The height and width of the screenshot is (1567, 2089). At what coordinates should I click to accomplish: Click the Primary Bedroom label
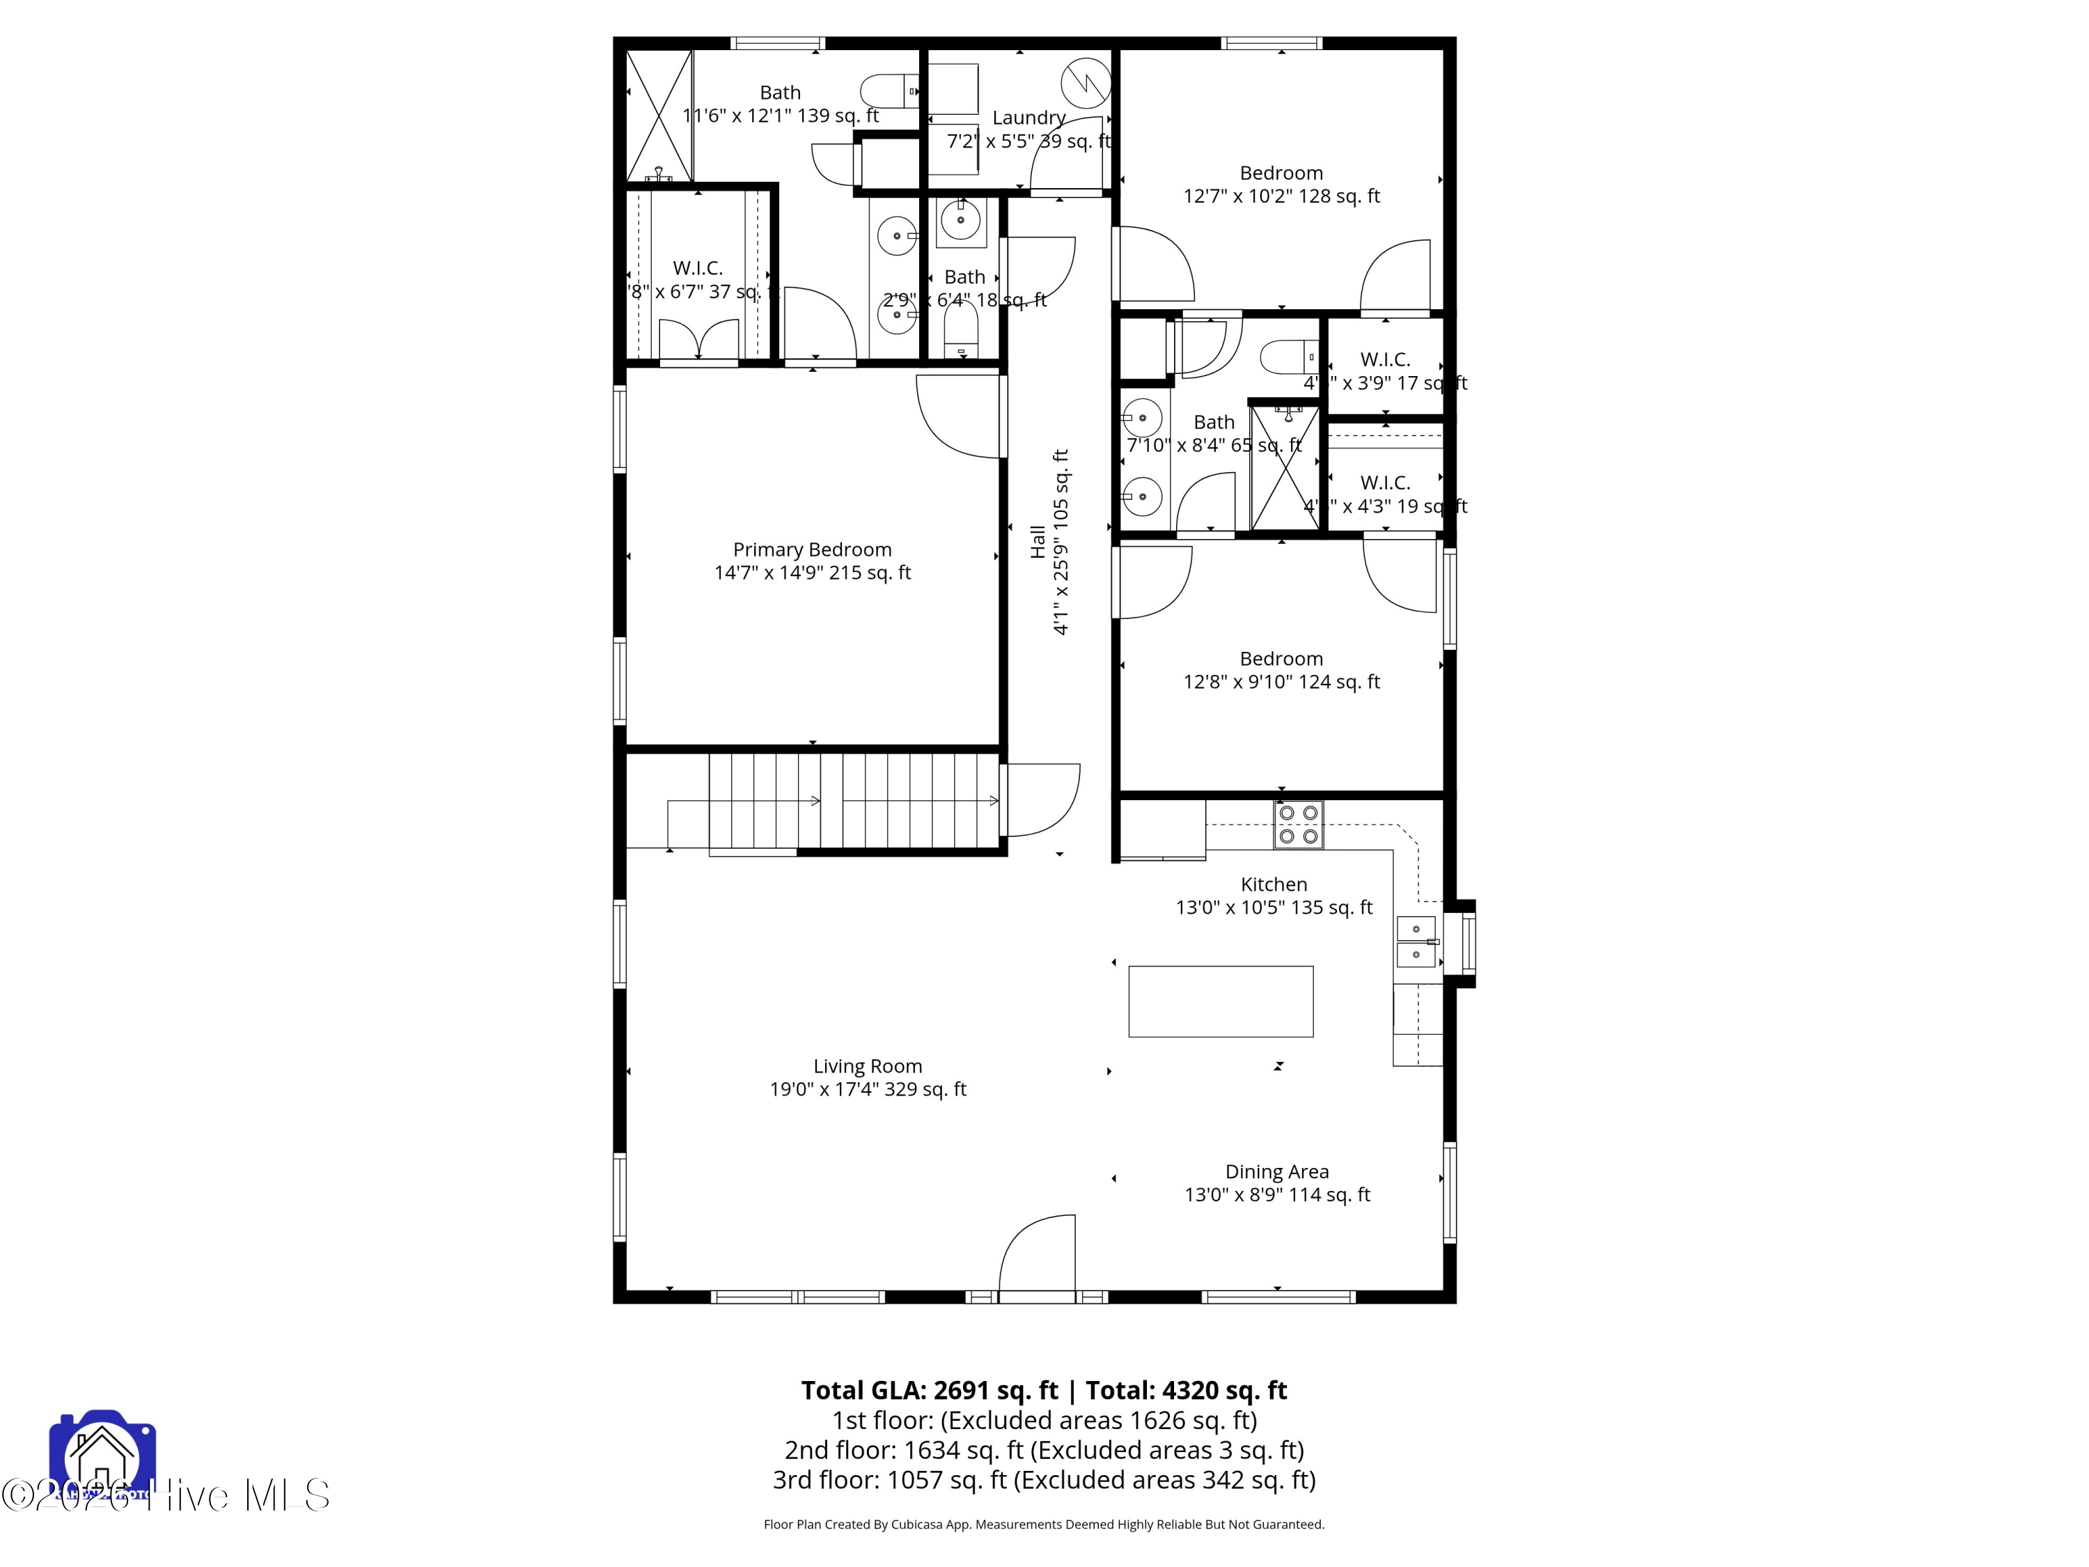point(812,549)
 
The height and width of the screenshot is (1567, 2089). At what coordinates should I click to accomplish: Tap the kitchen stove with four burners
point(1297,825)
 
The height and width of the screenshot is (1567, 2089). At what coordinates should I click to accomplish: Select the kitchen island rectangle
point(1220,1001)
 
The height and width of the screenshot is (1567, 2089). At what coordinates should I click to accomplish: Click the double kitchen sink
point(1416,942)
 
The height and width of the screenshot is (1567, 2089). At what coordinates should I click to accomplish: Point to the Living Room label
point(867,1066)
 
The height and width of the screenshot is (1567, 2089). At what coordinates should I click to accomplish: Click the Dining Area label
point(1277,1172)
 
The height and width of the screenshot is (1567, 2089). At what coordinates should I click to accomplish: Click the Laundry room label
point(1028,118)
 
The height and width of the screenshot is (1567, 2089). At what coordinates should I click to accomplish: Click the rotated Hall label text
point(1038,542)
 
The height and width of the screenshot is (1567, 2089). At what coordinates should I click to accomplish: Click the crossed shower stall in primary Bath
point(659,115)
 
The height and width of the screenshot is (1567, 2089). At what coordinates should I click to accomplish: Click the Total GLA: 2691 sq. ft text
point(930,1390)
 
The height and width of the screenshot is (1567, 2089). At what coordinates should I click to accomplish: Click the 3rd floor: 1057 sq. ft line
point(1044,1479)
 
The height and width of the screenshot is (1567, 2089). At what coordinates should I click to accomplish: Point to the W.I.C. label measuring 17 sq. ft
point(1384,360)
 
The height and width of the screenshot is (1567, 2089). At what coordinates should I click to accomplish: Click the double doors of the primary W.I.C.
point(698,340)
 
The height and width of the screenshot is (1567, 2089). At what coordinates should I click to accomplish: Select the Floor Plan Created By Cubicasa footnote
point(1044,1524)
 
